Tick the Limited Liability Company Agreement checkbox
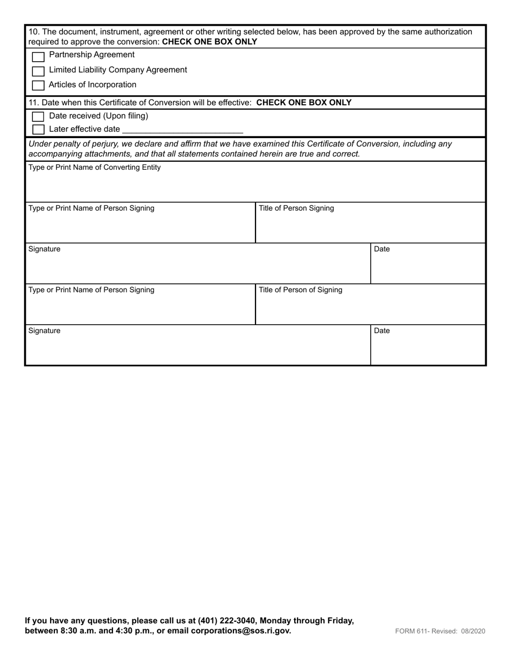38,71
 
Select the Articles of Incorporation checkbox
38,85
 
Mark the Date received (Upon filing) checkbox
38,117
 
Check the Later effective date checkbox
38,130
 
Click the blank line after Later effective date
182,130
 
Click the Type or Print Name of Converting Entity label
94,168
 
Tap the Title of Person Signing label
296,209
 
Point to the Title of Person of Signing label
300,290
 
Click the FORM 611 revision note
440,631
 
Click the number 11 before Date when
33,103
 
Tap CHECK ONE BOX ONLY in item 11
304,103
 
